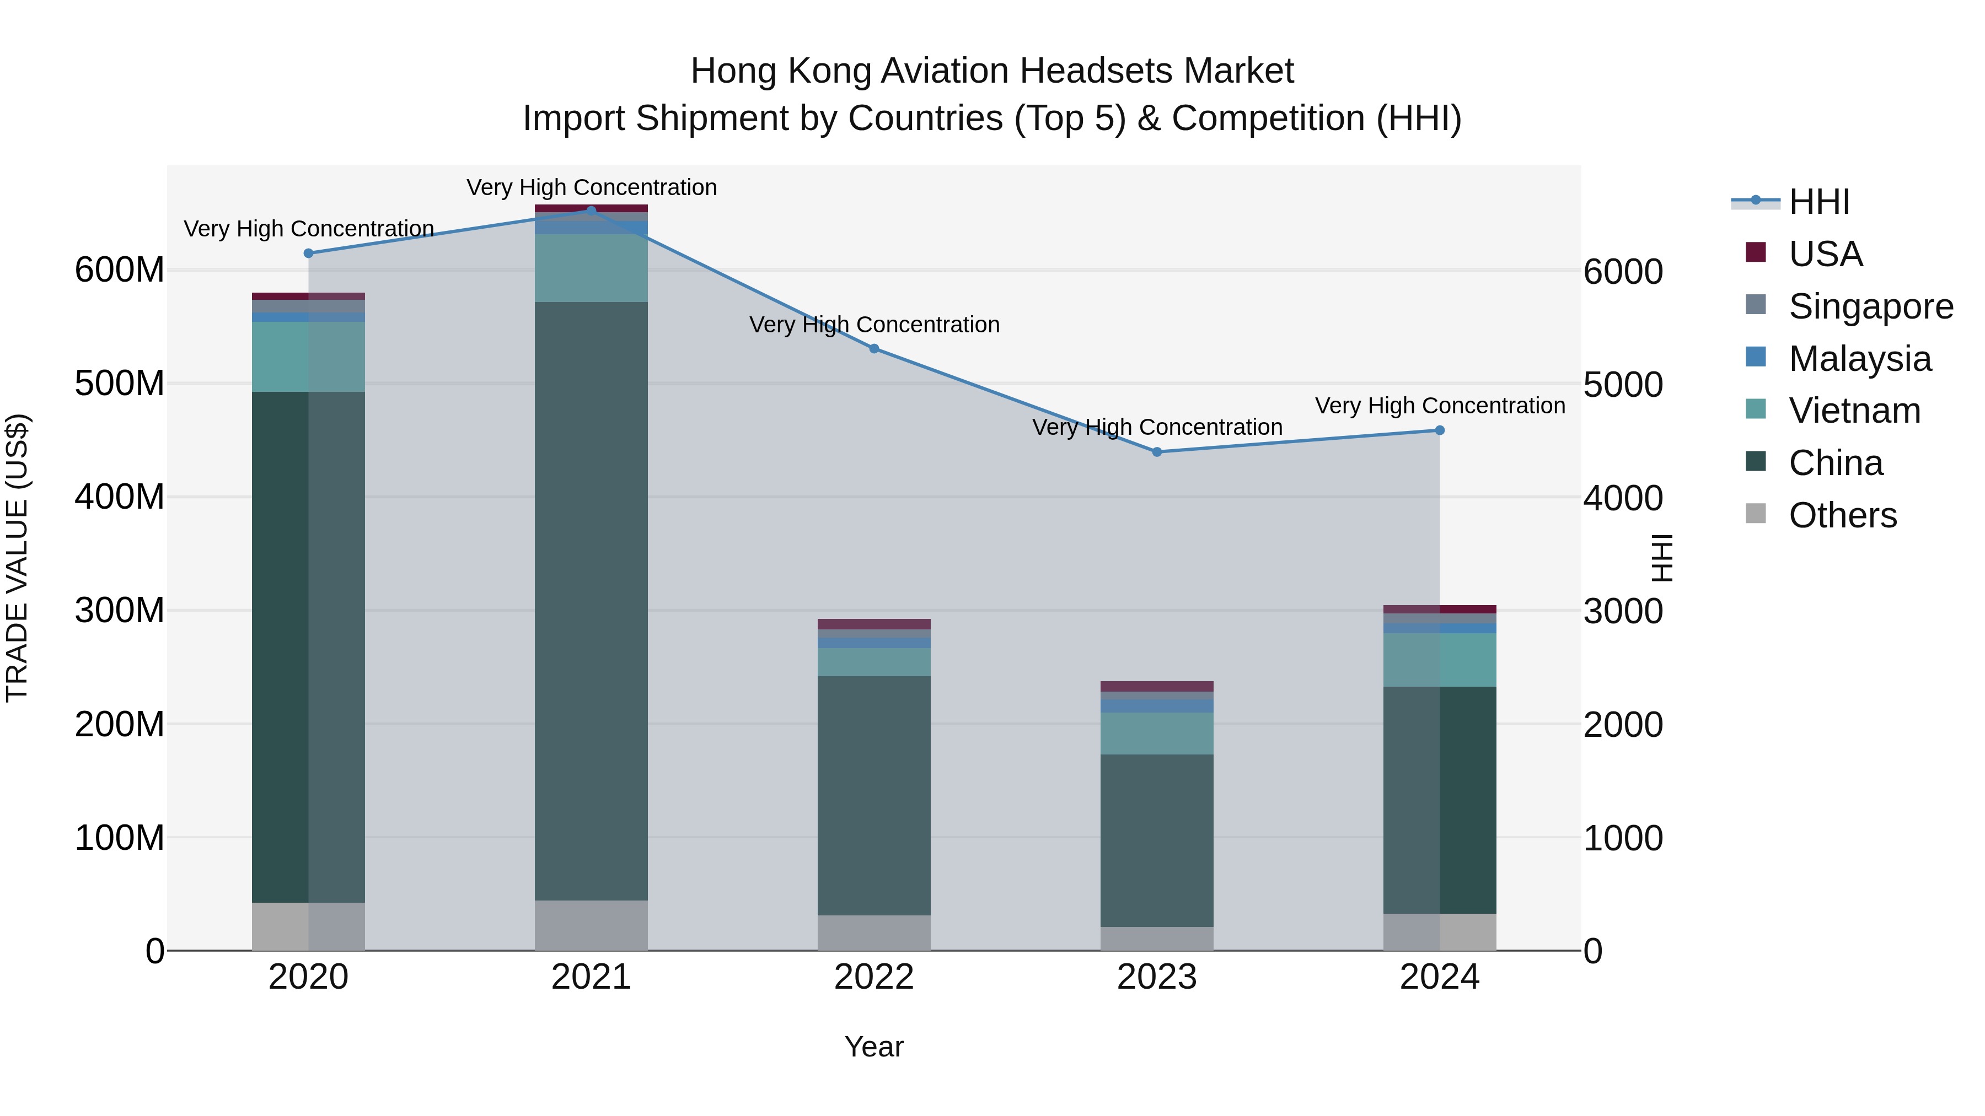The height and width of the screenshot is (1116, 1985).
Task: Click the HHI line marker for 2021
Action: (591, 211)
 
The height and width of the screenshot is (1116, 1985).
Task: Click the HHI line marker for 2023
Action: (1157, 452)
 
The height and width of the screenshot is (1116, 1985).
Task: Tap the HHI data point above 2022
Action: (874, 349)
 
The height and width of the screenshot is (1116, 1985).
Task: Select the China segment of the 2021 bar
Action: (591, 601)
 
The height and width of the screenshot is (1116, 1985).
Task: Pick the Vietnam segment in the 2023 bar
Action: (1157, 733)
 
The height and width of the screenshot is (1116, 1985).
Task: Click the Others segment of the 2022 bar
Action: (874, 932)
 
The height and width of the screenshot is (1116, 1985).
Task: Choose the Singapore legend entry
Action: (1870, 306)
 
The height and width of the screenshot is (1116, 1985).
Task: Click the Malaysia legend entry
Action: (1859, 359)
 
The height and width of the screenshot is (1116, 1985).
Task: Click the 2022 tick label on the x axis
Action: (874, 977)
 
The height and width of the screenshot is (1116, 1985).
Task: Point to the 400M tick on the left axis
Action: (120, 497)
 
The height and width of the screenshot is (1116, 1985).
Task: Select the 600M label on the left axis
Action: (120, 271)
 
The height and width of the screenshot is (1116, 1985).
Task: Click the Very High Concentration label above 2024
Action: (1440, 406)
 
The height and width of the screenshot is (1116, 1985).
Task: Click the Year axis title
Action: (874, 1047)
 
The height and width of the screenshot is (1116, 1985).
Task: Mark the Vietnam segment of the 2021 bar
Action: (591, 268)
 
